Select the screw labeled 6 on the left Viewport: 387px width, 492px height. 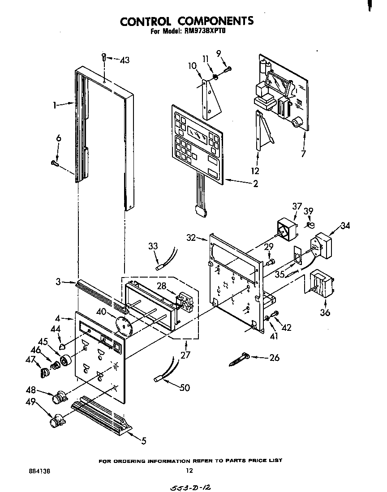(56, 163)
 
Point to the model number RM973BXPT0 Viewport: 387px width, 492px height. (206, 32)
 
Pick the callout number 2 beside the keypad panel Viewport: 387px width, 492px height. (255, 184)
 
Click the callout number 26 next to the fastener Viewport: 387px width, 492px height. (274, 358)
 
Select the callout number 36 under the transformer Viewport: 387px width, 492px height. (325, 312)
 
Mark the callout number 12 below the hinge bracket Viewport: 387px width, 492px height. (255, 171)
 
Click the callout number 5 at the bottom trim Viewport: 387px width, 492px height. (144, 441)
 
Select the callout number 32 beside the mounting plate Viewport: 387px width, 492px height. (191, 238)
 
